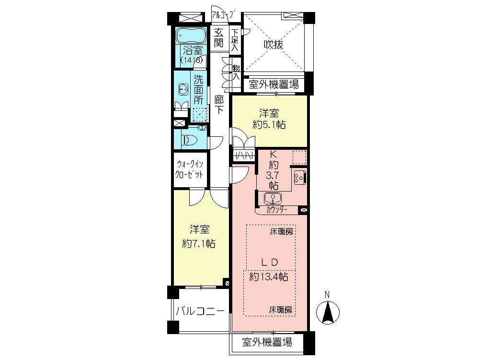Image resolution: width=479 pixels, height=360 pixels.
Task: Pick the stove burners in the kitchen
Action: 299,177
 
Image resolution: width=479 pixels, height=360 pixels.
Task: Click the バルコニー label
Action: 200,311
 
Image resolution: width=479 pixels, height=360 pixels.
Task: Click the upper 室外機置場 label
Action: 274,85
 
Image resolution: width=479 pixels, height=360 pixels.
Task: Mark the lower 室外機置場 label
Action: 266,343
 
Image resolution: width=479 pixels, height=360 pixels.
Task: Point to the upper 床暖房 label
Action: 280,231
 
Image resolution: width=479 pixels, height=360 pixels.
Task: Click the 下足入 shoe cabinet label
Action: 235,40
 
